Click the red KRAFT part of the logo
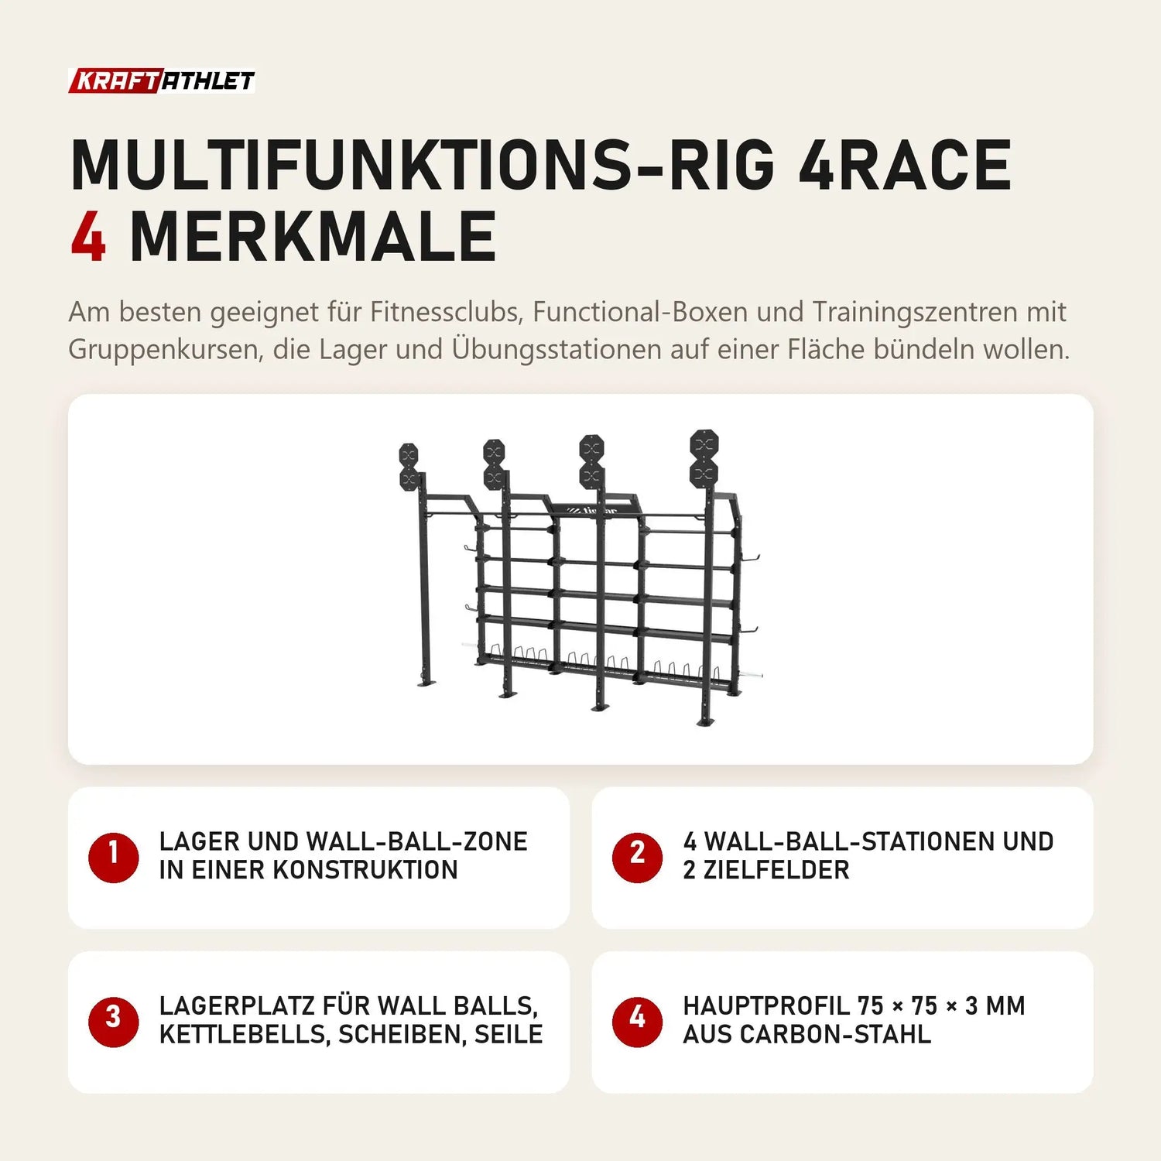click(x=115, y=81)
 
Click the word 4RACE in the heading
click(x=905, y=165)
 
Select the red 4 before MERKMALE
click(x=88, y=237)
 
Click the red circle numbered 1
click(x=113, y=857)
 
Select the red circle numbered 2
click(x=637, y=857)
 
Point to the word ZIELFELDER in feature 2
click(x=776, y=870)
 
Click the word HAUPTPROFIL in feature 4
click(x=766, y=1006)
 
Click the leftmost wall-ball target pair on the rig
click(x=409, y=467)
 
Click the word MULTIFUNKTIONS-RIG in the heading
click(x=423, y=165)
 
